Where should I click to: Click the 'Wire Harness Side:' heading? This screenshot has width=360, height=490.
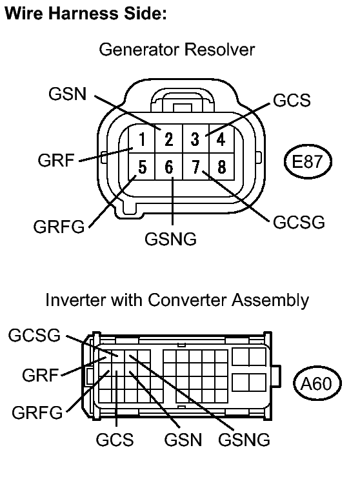pos(86,14)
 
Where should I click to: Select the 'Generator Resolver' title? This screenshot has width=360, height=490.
pos(177,50)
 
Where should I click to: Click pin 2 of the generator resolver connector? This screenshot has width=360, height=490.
pos(168,138)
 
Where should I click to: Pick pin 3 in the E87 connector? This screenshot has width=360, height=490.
pos(195,138)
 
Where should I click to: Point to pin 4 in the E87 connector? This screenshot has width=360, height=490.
pos(221,138)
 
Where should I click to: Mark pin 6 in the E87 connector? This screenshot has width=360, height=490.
pos(168,168)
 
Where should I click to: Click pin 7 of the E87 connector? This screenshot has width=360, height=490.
pos(195,168)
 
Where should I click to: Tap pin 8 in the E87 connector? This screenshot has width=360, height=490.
pos(221,168)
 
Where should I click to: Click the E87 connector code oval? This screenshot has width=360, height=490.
pos(307,160)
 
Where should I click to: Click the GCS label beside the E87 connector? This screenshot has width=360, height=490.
pos(292,101)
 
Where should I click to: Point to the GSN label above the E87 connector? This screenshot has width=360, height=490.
pos(68,95)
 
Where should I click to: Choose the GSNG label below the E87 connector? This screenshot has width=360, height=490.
pos(170,239)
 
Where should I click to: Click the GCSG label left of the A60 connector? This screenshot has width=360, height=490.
pos(34,335)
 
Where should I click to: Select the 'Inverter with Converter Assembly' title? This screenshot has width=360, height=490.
pos(177,300)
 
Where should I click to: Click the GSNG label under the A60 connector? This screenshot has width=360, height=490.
pos(244,440)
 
